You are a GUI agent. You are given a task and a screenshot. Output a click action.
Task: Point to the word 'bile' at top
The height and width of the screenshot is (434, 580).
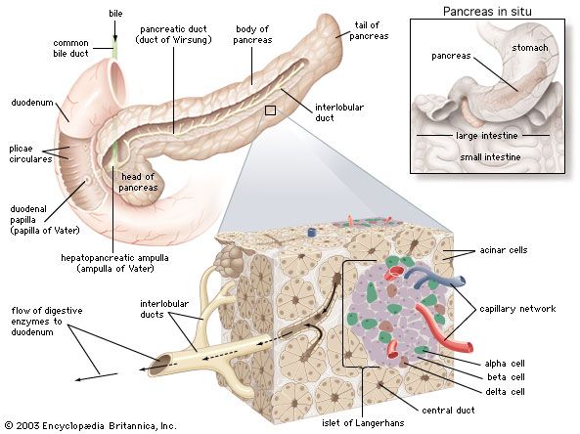tap(116, 14)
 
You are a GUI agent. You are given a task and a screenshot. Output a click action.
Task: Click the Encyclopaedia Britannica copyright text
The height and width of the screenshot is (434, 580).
tap(90, 426)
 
